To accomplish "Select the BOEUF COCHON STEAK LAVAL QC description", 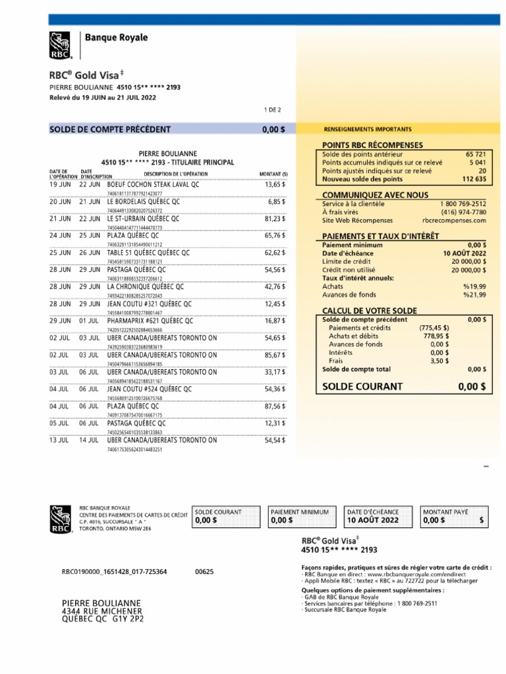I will coord(153,185).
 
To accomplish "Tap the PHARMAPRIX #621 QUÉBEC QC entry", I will coord(150,321).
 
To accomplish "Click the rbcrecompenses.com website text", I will coord(454,220).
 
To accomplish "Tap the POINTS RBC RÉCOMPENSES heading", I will coord(372,145).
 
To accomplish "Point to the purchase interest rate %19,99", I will coord(474,286).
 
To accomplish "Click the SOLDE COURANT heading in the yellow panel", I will coord(362,386).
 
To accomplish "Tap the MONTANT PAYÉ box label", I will coord(446,511).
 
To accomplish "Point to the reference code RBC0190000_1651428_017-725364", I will coord(114,571).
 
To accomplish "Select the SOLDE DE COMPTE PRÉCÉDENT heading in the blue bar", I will coord(110,130).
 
